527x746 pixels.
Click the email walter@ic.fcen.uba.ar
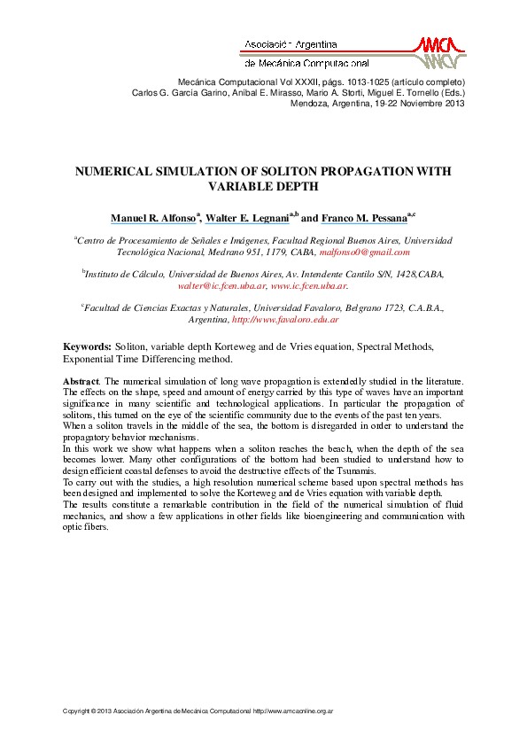pos(221,286)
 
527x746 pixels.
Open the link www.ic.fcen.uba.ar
pos(309,286)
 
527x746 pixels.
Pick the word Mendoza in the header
pos(310,102)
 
